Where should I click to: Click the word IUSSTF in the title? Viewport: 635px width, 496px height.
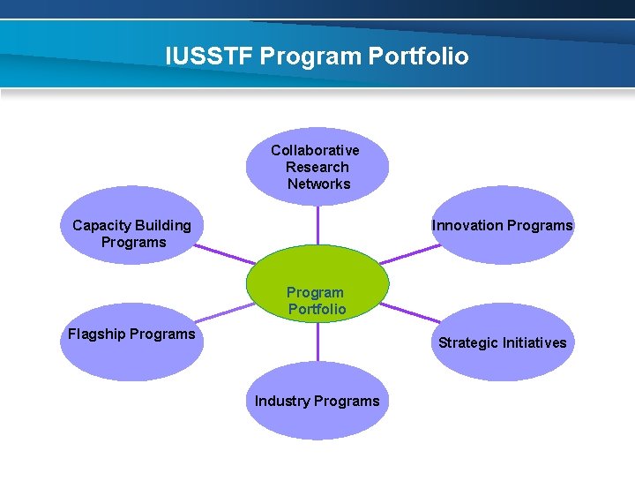209,56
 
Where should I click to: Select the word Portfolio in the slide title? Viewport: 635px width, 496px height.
418,56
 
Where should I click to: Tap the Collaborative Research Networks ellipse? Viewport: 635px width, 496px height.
317,166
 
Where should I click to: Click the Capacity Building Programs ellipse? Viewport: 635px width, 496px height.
132,225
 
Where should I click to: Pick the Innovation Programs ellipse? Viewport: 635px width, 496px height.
503,227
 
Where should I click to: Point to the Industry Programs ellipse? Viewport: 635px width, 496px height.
317,402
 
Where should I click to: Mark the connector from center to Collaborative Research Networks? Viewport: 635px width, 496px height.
317,224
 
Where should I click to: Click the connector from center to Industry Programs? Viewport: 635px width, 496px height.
317,342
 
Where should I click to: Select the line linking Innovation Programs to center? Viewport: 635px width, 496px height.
410,254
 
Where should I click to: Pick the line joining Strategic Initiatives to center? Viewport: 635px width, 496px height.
410,312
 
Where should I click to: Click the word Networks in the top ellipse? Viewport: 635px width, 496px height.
318,184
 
